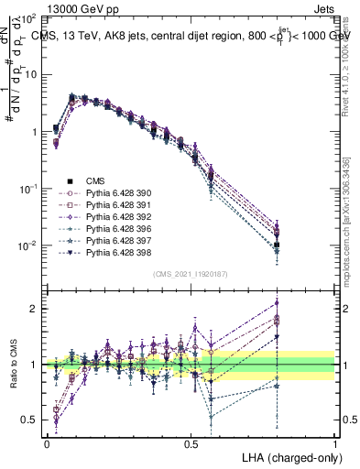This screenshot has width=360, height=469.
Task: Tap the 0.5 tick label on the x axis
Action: pos(191,442)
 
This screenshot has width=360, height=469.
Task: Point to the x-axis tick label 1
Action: pos(335,442)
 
